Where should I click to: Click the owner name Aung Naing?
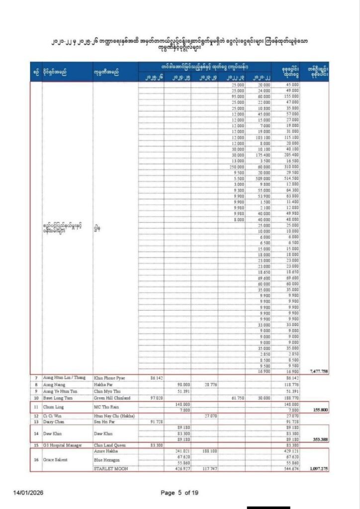click(x=53, y=384)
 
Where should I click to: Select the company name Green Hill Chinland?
click(x=111, y=398)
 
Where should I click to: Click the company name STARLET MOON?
click(x=111, y=469)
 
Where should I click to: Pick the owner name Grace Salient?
click(x=56, y=459)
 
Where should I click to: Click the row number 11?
click(x=36, y=407)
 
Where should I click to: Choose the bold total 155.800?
click(x=318, y=410)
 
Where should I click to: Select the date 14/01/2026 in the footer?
click(x=31, y=493)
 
